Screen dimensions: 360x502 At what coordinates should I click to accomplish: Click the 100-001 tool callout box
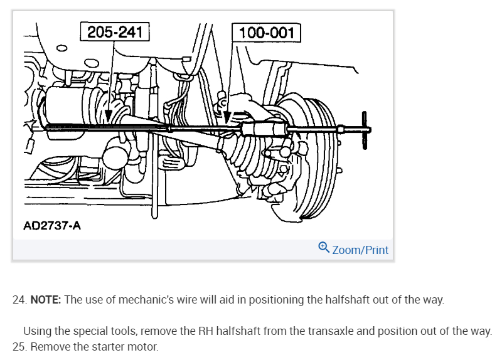267,33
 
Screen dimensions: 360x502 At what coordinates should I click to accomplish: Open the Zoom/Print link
360,250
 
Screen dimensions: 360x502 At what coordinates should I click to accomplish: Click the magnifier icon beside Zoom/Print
324,248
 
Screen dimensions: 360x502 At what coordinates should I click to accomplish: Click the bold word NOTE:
46,300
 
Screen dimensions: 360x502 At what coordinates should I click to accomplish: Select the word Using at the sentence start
36,331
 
